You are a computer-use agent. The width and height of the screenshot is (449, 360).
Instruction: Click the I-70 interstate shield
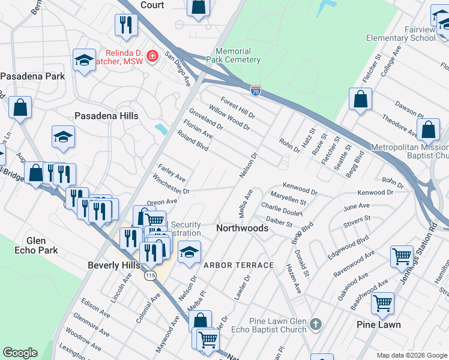click(256, 91)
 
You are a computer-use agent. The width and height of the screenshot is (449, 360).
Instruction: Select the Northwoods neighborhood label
click(242, 229)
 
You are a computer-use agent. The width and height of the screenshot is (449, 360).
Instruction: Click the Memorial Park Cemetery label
click(233, 56)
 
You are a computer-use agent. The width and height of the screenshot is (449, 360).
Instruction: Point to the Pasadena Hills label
click(106, 116)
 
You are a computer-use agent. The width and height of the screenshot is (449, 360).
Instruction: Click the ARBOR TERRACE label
click(238, 265)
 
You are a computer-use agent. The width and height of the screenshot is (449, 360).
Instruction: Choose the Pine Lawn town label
click(378, 325)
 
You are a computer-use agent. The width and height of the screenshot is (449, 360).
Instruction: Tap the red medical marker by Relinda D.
click(152, 56)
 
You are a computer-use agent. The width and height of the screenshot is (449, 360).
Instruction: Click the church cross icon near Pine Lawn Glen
click(316, 325)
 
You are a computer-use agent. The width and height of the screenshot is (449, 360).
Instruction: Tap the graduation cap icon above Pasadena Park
click(84, 59)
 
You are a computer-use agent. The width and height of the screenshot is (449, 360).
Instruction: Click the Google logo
click(20, 353)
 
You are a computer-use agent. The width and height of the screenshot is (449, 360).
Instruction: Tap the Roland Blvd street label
click(193, 141)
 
